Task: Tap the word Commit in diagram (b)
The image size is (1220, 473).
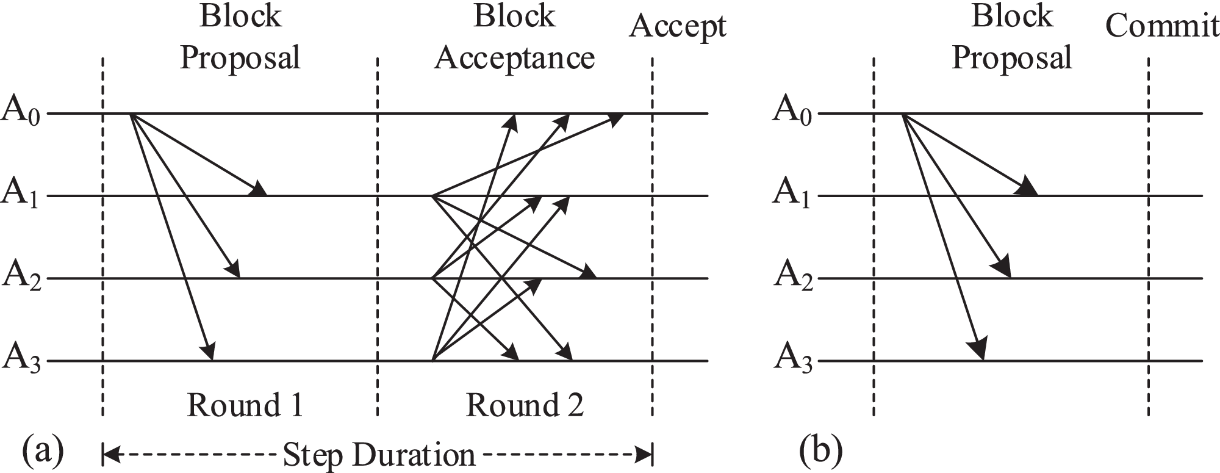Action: (x=1162, y=26)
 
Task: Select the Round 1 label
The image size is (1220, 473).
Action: (x=244, y=405)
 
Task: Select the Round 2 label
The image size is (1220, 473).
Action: (x=525, y=405)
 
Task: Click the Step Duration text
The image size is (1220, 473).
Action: (x=379, y=455)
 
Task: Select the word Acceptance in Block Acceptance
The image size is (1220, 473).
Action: (x=514, y=59)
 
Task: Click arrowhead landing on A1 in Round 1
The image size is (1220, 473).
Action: (x=259, y=189)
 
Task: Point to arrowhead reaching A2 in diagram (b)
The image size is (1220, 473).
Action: (x=1003, y=269)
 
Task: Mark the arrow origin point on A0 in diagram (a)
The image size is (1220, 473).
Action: (x=132, y=114)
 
